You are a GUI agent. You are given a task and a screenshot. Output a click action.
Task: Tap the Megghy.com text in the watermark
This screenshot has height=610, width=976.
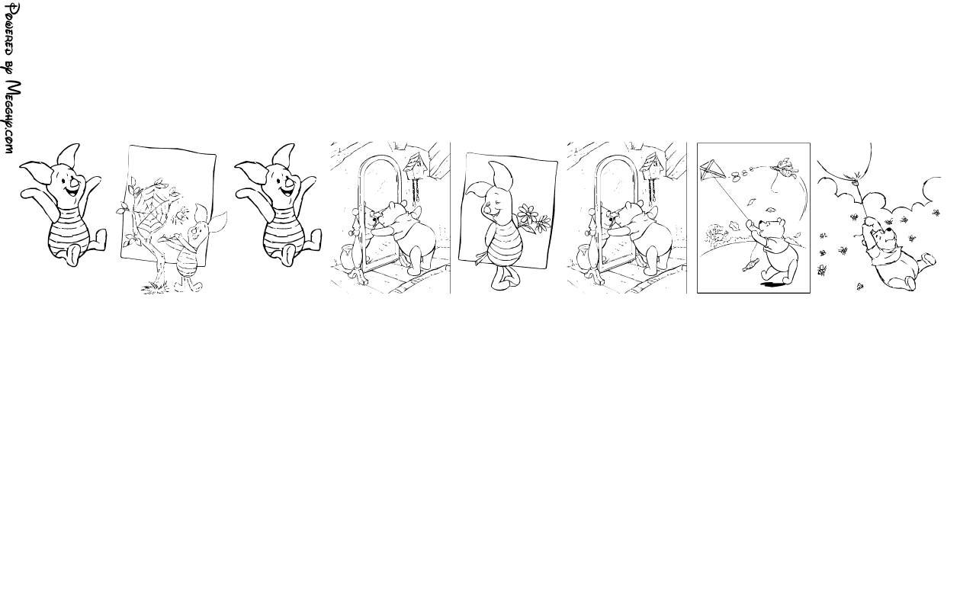[x=11, y=117]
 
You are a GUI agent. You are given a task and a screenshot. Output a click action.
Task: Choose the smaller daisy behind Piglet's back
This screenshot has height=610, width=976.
[x=543, y=223]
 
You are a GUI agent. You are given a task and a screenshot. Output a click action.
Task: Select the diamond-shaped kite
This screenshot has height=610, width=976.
[x=711, y=170]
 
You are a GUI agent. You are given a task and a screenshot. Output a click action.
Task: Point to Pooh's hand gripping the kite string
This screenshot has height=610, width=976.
[x=751, y=225]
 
